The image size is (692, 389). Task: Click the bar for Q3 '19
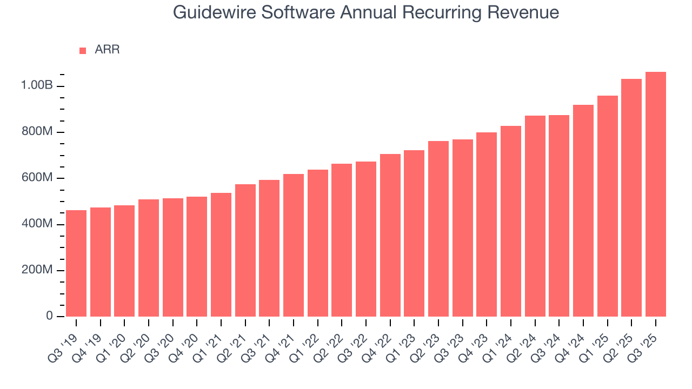[x=76, y=263]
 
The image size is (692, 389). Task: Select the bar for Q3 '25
[x=656, y=194]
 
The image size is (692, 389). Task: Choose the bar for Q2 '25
[x=631, y=198]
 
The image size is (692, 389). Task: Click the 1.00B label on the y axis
[x=37, y=86]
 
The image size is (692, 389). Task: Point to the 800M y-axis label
[x=37, y=132]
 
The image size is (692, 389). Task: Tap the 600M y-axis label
[x=37, y=178]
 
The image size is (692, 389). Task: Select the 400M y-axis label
[x=37, y=224]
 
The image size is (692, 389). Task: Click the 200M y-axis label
[x=37, y=270]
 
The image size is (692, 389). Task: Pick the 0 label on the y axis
[x=49, y=316]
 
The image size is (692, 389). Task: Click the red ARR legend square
[x=83, y=51]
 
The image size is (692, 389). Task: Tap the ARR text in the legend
[x=107, y=50]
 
